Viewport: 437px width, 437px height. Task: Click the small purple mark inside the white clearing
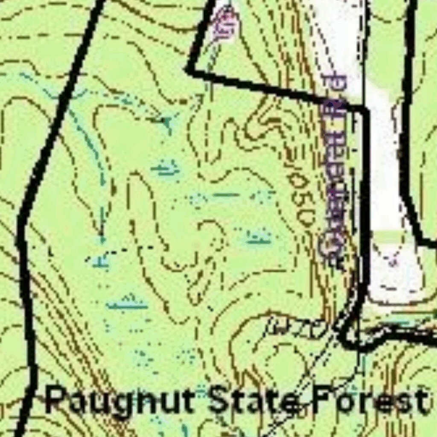point(393,261)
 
